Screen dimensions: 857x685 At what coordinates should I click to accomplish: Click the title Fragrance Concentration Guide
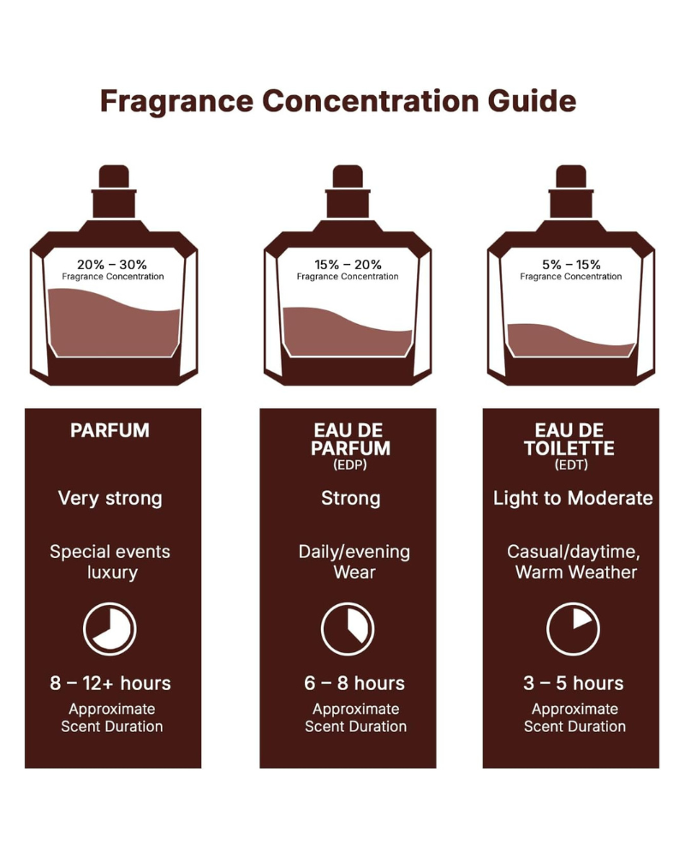[x=337, y=101]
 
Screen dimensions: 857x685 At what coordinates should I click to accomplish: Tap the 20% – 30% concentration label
[x=112, y=265]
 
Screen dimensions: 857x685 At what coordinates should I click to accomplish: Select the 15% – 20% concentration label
[x=347, y=265]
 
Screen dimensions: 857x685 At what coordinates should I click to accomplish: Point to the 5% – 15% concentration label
[x=571, y=265]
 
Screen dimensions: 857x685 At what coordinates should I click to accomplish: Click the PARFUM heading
[x=110, y=431]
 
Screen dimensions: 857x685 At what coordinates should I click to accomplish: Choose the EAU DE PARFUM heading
[x=350, y=439]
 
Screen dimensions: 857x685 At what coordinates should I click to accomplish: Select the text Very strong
[x=110, y=498]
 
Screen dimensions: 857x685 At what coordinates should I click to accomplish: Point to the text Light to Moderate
[x=573, y=498]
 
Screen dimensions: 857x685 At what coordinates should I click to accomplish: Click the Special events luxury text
[x=111, y=562]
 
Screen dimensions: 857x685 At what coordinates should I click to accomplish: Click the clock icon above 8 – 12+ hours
[x=110, y=629]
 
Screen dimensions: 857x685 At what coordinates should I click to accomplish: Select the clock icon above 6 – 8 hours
[x=347, y=629]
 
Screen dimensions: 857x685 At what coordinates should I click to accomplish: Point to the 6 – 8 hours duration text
[x=354, y=683]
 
